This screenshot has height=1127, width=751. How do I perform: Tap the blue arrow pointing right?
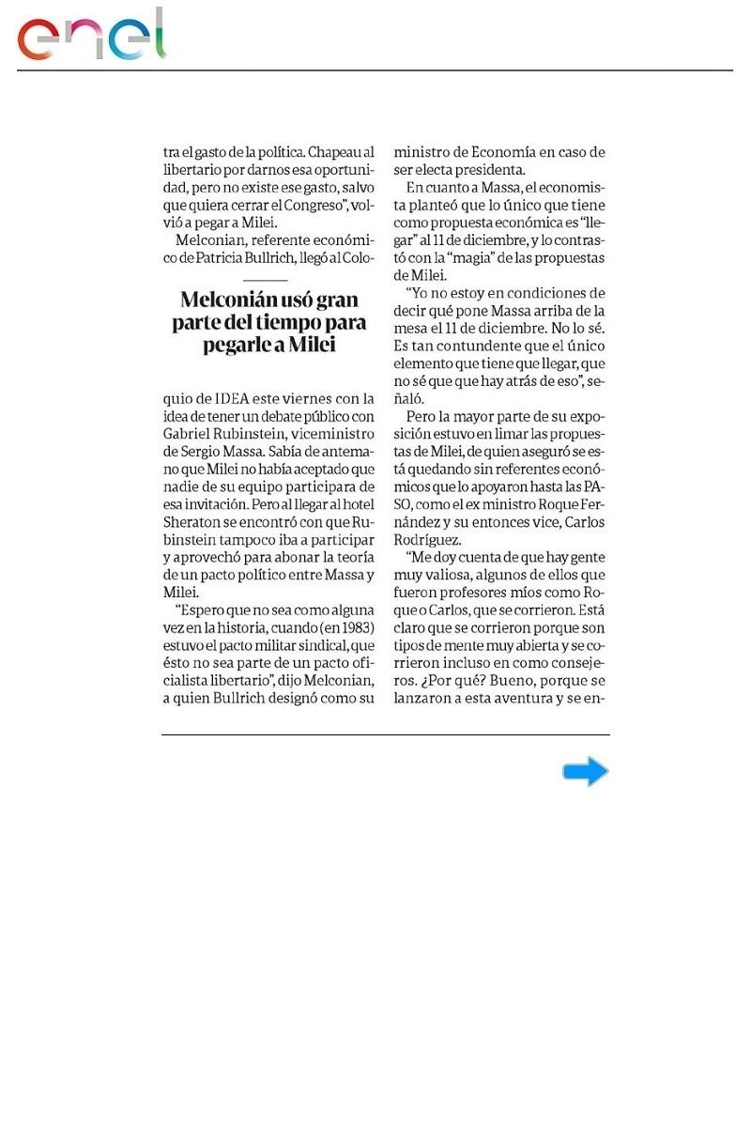click(586, 772)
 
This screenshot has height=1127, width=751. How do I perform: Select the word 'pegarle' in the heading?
click(238, 345)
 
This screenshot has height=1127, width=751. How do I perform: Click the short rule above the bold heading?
click(265, 280)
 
